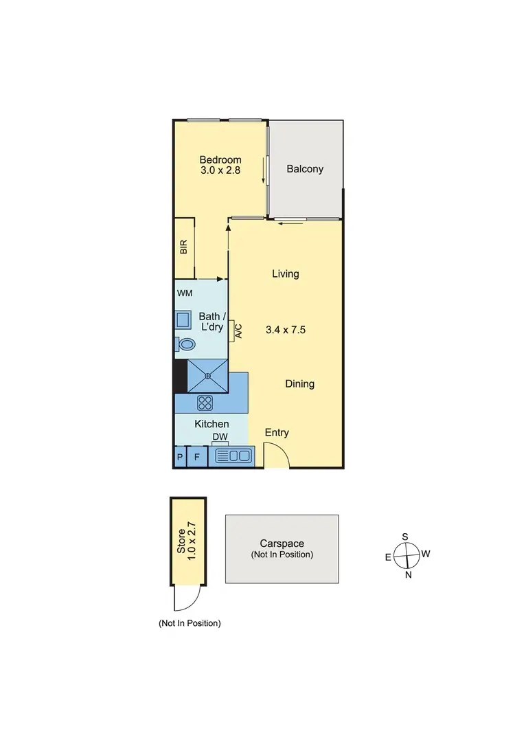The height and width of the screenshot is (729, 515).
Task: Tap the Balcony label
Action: tap(305, 169)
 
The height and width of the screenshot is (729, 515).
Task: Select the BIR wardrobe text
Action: tap(184, 247)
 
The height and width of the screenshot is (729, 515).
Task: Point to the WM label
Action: tap(185, 293)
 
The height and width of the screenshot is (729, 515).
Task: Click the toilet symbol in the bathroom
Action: tap(185, 344)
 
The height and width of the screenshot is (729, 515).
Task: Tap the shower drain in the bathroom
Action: tap(207, 375)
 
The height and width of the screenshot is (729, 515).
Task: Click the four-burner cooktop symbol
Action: tap(205, 403)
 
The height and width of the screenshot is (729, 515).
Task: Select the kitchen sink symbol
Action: tap(233, 456)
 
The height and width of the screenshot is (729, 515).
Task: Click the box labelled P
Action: tap(180, 456)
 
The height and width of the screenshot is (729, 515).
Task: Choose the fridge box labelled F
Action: tap(197, 456)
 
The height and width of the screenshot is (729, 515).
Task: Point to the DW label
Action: tap(220, 437)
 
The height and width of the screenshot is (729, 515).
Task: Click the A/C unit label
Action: tap(238, 330)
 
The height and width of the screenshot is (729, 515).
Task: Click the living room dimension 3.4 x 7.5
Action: tap(285, 330)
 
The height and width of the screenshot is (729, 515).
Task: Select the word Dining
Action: tap(300, 384)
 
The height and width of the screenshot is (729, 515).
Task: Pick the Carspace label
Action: tap(282, 543)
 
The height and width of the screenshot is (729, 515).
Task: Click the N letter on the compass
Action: tap(408, 575)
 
